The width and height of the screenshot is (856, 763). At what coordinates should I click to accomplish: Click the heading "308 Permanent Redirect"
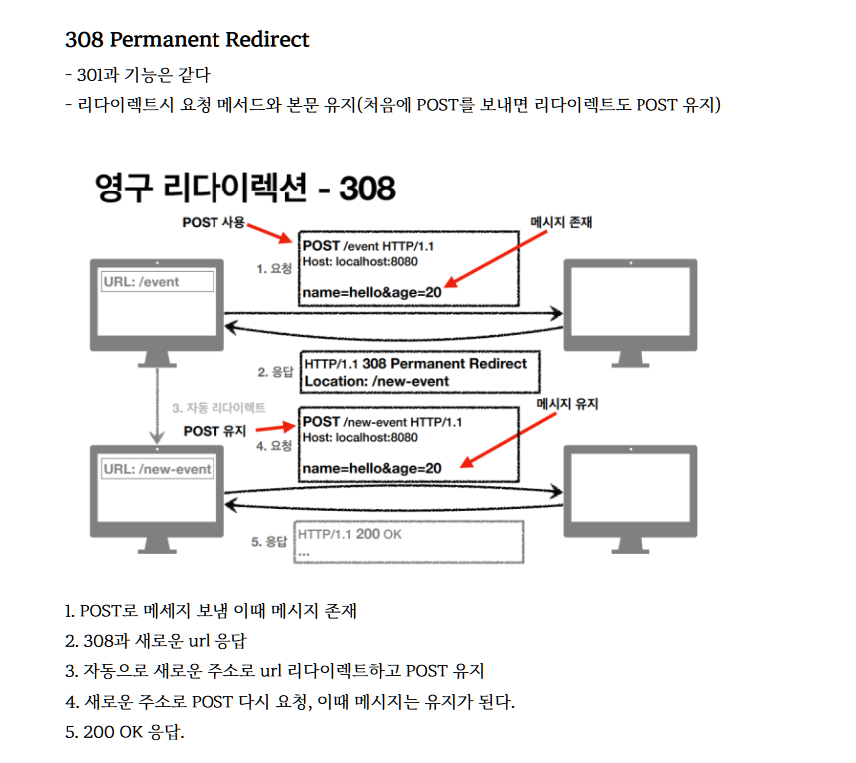point(187,40)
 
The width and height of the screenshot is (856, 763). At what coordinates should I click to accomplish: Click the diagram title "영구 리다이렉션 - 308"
point(244,187)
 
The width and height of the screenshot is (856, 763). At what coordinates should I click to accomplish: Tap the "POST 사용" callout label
point(213,222)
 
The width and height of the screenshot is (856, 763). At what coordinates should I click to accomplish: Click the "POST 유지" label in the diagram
point(215,431)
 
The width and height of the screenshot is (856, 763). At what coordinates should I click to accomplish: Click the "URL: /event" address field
point(158,282)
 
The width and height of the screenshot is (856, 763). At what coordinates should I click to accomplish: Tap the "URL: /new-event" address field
point(158,469)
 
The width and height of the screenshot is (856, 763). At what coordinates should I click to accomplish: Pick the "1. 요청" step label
point(275,268)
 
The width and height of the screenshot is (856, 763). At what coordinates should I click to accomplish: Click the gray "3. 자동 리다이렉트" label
point(218,408)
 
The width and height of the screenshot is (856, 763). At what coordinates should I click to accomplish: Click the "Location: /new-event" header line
point(377,381)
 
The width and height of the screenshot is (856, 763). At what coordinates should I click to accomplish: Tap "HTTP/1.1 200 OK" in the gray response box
point(350,535)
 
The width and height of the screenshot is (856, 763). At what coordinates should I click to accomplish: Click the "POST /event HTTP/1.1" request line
point(373,246)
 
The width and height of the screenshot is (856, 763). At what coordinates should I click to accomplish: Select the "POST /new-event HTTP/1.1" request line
point(382,422)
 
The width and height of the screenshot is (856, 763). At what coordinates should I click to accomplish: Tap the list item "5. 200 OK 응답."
point(125,731)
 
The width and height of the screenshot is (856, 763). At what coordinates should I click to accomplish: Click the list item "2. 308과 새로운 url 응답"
point(155,641)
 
